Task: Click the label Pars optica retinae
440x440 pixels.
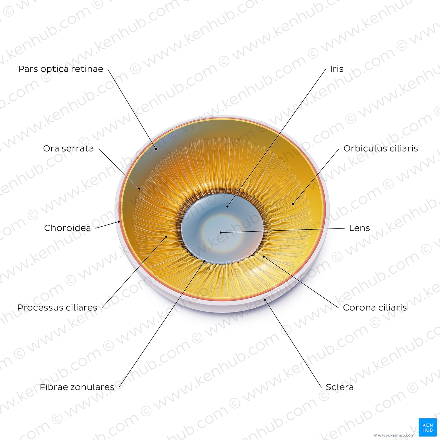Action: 61,69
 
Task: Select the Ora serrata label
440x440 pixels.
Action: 69,148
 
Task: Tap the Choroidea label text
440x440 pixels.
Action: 67,228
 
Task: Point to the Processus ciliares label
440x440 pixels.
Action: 57,308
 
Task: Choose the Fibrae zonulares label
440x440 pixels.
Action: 77,387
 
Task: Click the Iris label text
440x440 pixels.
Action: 337,69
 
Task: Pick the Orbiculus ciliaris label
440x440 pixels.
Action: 381,148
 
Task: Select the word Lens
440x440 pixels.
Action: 360,228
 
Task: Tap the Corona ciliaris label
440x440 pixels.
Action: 375,308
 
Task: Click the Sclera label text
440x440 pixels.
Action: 339,387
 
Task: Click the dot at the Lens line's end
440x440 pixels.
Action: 221,233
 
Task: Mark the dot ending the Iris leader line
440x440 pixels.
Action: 228,206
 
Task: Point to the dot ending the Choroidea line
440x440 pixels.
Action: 119,222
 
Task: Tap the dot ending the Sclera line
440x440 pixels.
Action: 265,299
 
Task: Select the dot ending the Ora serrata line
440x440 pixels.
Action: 139,189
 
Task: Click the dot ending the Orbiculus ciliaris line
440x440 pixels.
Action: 293,204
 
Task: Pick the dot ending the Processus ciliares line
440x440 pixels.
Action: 166,236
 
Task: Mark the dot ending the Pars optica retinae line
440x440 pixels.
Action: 156,149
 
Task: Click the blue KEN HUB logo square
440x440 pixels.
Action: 428,427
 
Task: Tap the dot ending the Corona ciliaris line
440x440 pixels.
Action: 264,257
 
